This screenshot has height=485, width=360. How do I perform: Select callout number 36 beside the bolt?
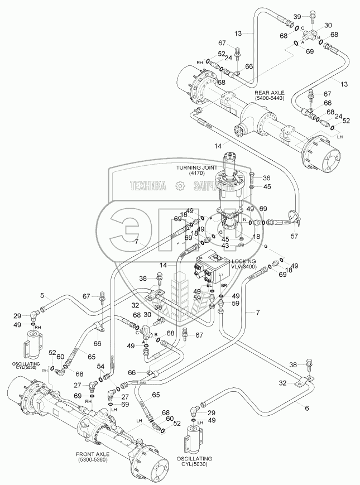coord(267,177)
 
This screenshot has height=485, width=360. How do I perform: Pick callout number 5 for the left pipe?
coord(41,296)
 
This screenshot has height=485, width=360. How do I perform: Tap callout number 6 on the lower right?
coord(306,408)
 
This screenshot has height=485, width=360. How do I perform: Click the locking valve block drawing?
coord(210,270)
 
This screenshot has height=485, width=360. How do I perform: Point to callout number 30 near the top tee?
coord(327,26)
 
